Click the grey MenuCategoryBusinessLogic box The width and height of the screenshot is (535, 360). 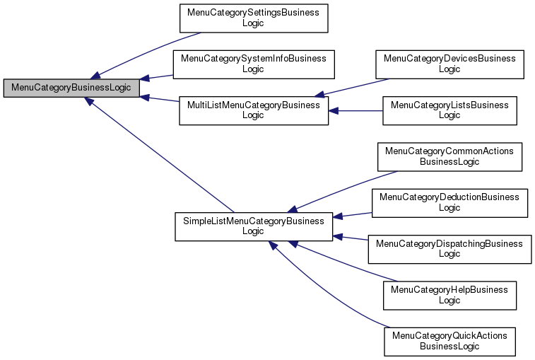[x=71, y=88]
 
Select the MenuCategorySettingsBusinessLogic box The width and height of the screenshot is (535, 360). [x=253, y=18]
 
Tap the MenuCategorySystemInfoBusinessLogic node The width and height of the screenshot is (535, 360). [x=254, y=64]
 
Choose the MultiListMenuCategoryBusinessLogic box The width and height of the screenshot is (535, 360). [x=254, y=110]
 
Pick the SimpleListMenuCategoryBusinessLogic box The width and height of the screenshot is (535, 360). [x=253, y=226]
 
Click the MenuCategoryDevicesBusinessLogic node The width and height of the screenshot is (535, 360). [x=449, y=64]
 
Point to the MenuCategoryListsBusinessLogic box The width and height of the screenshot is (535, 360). [x=449, y=110]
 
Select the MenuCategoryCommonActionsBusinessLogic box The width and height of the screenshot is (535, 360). [x=449, y=156]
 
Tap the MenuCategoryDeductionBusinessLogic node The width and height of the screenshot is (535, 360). [x=449, y=203]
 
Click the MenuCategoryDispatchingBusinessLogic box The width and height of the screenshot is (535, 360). [x=449, y=249]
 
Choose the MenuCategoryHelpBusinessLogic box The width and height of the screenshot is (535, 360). [x=449, y=295]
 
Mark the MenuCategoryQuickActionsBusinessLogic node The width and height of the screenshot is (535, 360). [x=449, y=341]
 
